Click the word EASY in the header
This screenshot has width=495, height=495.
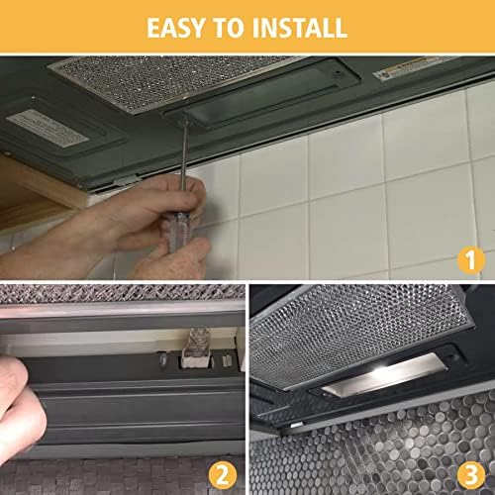175,28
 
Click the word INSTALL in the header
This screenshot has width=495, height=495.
300,28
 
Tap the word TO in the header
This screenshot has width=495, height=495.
229,28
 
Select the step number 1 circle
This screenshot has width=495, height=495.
471,259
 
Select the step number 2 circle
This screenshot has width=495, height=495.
223,475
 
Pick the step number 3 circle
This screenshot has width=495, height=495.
471,475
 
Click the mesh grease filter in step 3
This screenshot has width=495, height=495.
358,334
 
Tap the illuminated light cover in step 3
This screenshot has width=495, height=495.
384,374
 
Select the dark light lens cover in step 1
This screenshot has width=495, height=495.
260,96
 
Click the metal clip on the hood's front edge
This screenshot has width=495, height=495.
128,180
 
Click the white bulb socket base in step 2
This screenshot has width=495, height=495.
195,362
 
